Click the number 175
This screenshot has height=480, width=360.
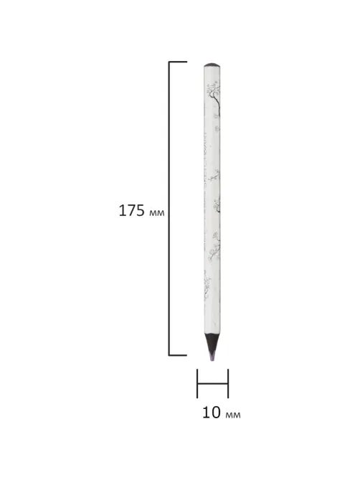coord(131,211)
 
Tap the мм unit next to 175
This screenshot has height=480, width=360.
coord(156,213)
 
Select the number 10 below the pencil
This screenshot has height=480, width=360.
coord(212,413)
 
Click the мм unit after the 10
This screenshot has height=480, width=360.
coord(233,415)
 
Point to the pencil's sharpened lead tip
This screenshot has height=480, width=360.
coord(212,360)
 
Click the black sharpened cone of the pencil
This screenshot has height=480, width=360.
coord(212,343)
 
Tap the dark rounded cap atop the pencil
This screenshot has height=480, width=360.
coord(212,65)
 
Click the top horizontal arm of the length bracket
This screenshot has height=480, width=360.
coord(177,62)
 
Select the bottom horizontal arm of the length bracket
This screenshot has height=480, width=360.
coord(177,355)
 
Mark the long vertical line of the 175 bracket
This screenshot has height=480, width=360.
coord(169,209)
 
